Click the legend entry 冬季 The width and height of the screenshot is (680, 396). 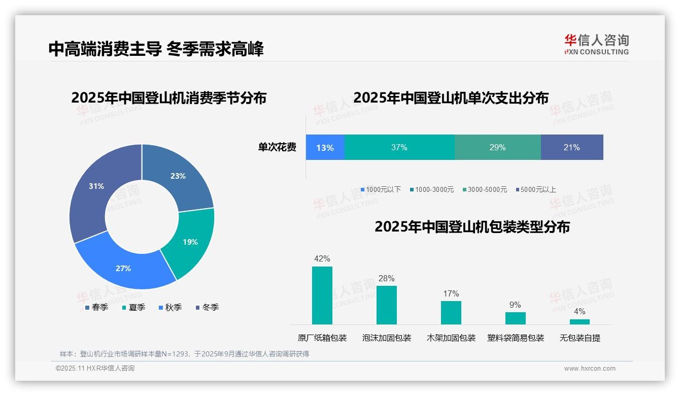click(207, 307)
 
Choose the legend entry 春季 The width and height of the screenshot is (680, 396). click(96, 307)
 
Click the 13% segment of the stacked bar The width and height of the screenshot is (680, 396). click(325, 147)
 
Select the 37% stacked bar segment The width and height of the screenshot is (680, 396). click(399, 147)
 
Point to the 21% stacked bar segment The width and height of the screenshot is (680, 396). click(572, 147)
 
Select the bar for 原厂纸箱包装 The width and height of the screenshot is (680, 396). click(322, 295)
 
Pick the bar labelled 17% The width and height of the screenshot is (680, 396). click(451, 312)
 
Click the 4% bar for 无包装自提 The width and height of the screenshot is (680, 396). click(580, 321)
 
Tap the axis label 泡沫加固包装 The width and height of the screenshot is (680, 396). click(387, 338)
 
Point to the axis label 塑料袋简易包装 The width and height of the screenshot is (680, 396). click(516, 338)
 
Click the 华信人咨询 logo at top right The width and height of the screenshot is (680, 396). click(596, 44)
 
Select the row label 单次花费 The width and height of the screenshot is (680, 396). click(277, 147)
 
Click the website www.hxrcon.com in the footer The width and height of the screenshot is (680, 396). click(590, 368)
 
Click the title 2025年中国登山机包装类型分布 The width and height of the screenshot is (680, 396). click(472, 226)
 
